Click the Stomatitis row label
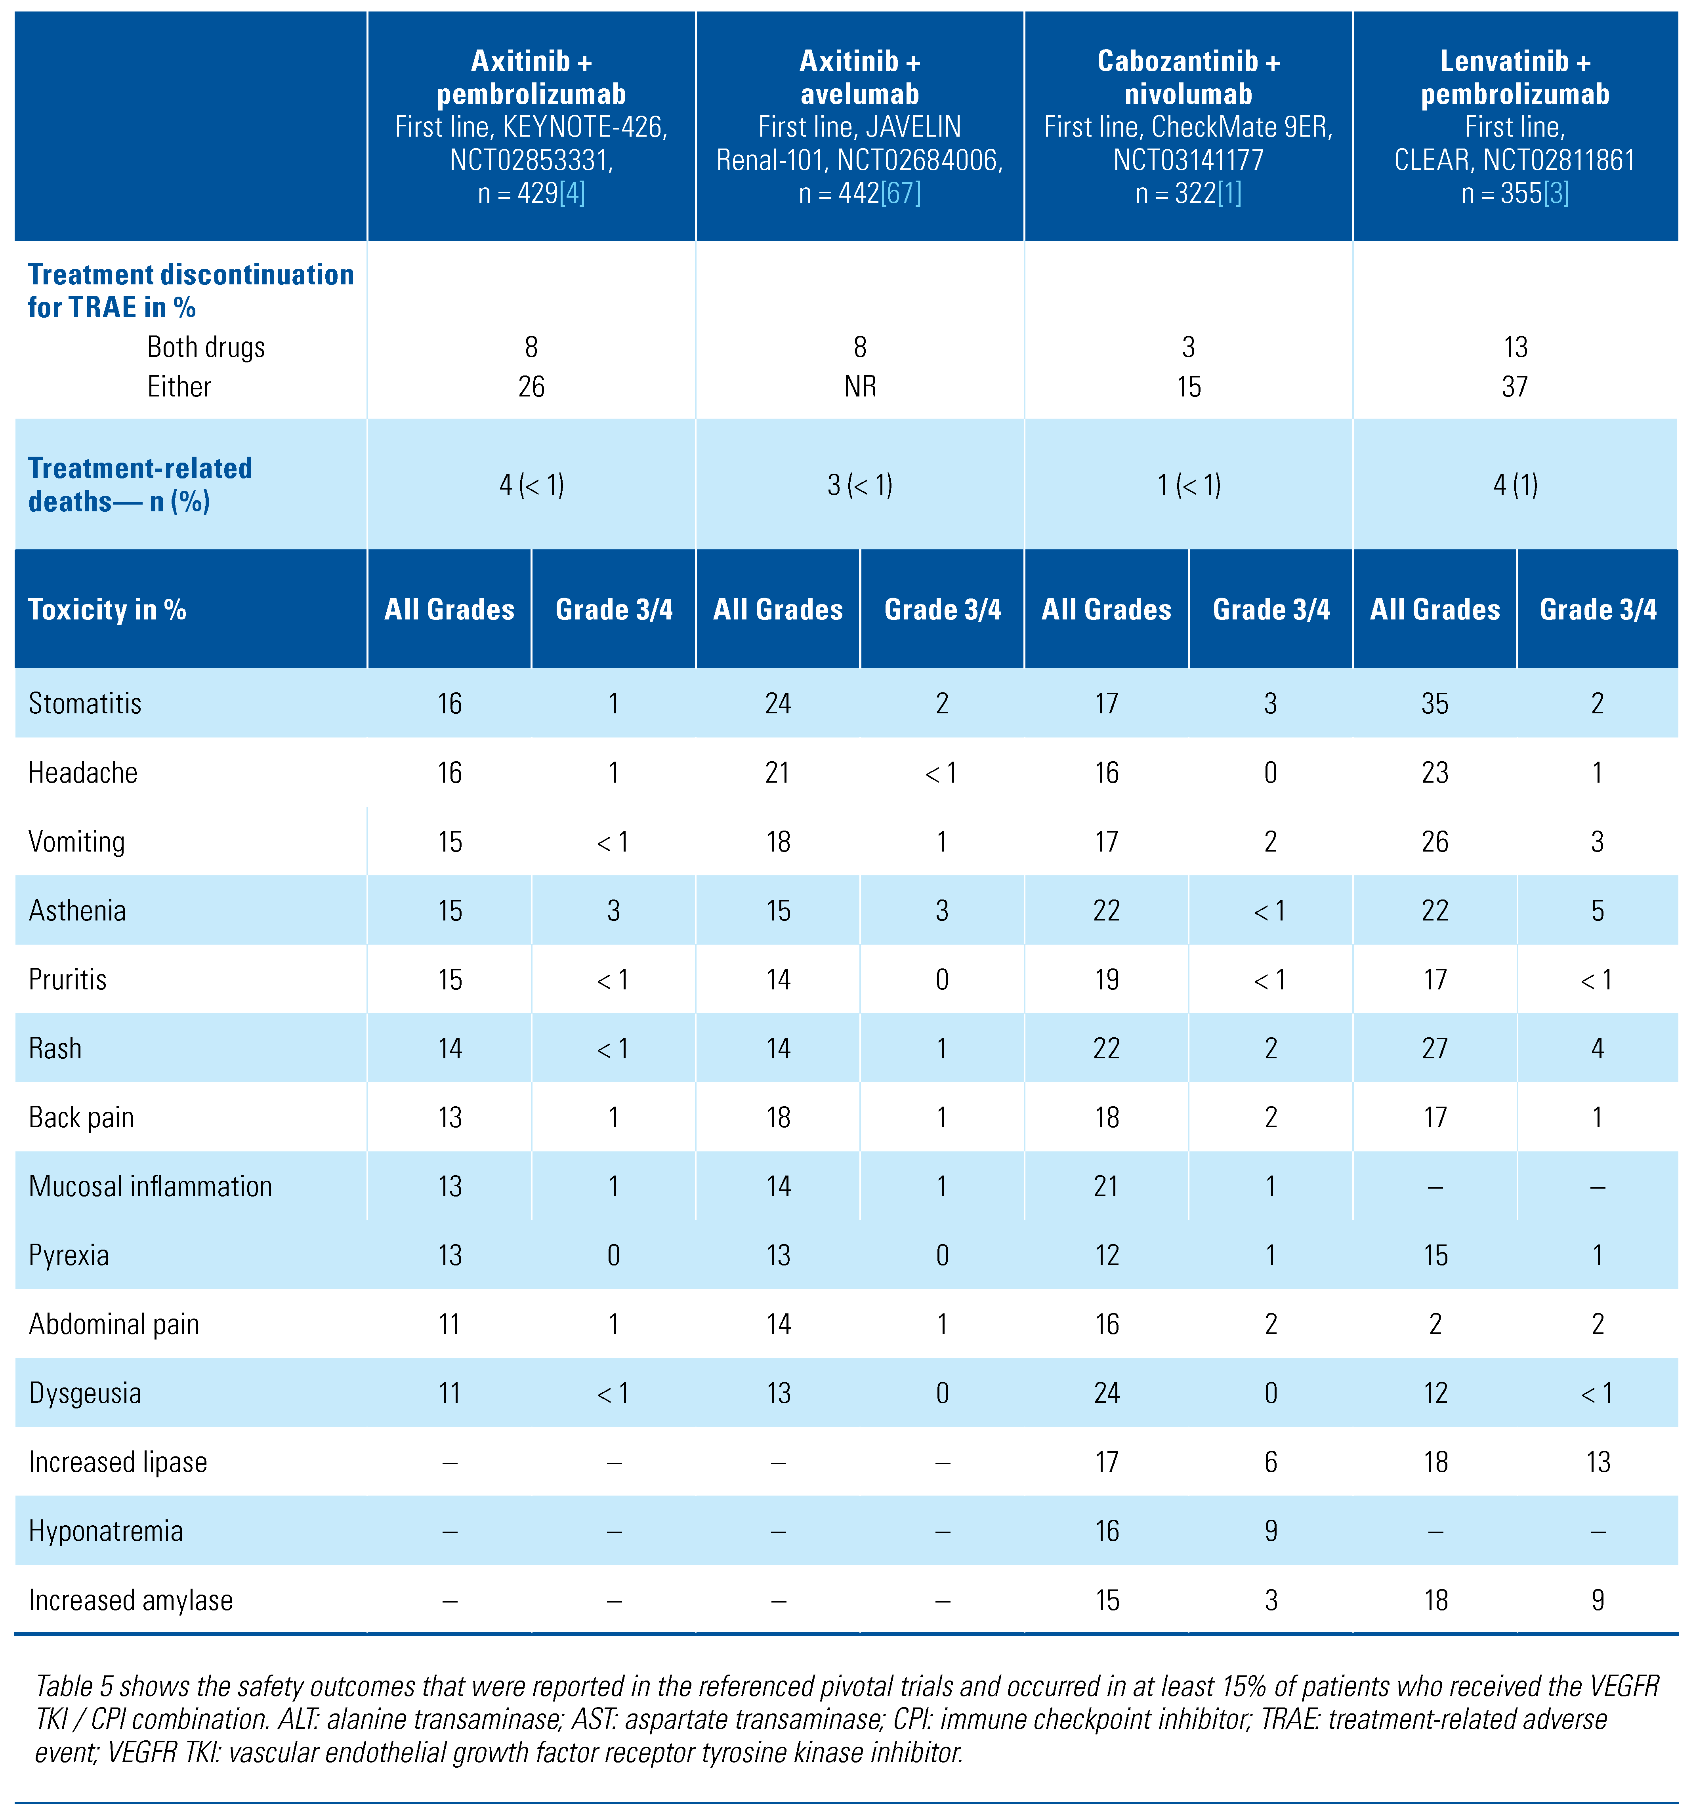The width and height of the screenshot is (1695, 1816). click(x=85, y=703)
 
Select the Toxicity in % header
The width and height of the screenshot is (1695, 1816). click(x=107, y=609)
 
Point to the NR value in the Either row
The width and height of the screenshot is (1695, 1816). click(x=860, y=387)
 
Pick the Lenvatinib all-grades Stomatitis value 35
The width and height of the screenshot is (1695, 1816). click(x=1435, y=703)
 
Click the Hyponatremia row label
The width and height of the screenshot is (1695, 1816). click(x=106, y=1531)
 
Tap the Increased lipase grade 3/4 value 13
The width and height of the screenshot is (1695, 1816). click(x=1597, y=1462)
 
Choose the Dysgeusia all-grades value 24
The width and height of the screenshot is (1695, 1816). click(x=1107, y=1393)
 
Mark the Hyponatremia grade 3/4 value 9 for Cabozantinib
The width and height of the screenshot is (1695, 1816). click(x=1270, y=1531)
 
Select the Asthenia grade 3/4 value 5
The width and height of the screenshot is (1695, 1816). click(x=1597, y=911)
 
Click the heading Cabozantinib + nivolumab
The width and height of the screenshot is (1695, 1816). click(x=1188, y=78)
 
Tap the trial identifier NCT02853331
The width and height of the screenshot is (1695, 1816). click(x=530, y=161)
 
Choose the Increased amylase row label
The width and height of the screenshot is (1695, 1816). click(x=131, y=1601)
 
